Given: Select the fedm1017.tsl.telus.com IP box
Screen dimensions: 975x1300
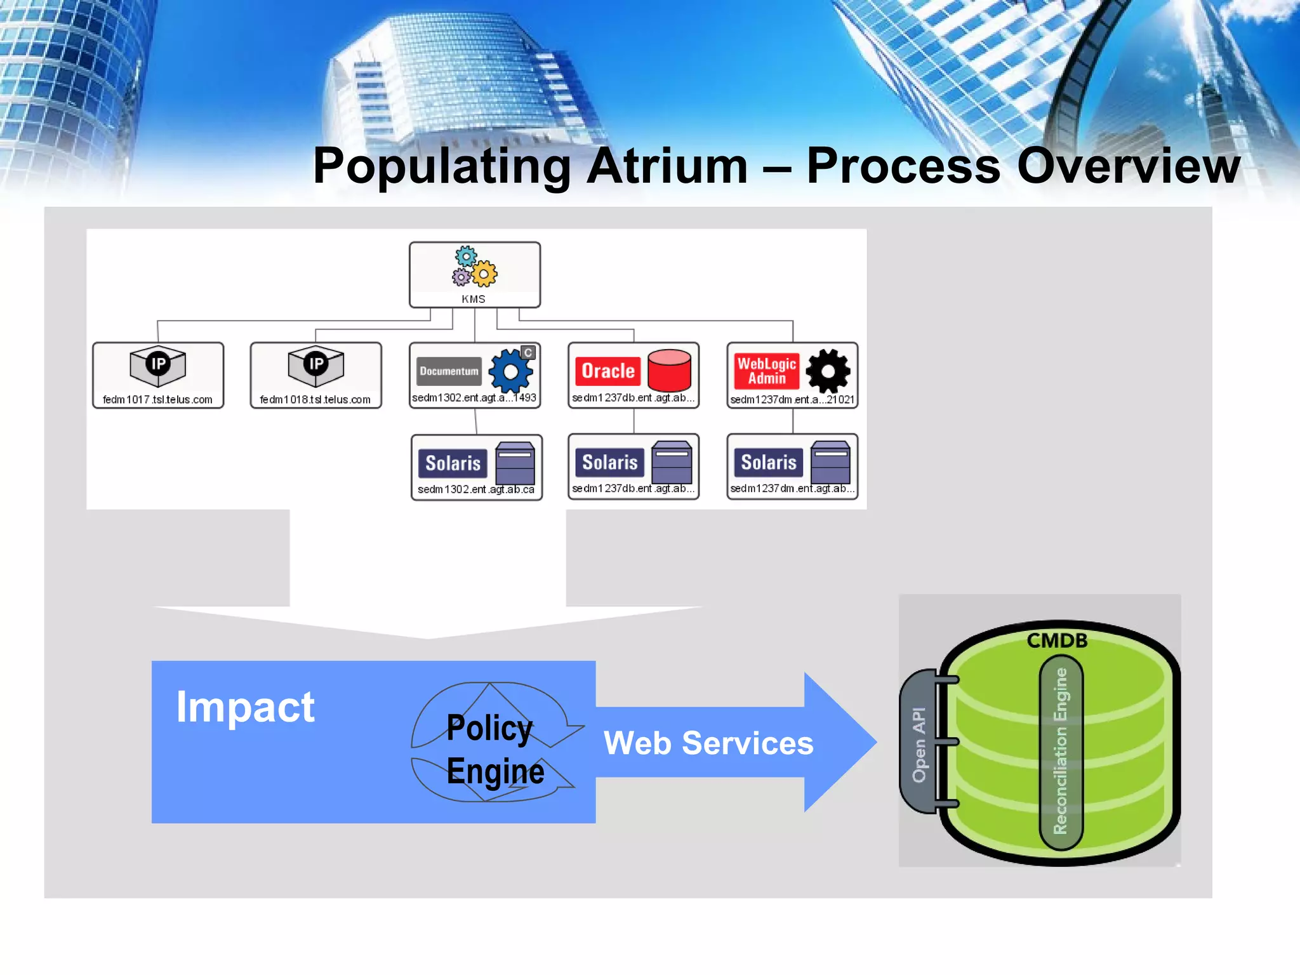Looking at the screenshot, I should click(x=158, y=375).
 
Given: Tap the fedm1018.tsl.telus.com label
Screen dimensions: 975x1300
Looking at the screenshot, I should click(x=315, y=400).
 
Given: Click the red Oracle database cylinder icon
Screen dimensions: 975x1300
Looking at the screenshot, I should click(x=669, y=370).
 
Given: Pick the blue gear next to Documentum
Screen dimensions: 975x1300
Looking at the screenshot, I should click(x=510, y=371).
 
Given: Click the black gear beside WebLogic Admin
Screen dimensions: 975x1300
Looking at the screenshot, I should click(x=828, y=371).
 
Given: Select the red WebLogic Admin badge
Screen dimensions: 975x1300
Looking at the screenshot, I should click(x=766, y=371).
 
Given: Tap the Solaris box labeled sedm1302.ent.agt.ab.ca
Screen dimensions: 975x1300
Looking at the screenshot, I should click(x=476, y=467).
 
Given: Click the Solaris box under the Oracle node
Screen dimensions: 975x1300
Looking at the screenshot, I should click(x=633, y=467).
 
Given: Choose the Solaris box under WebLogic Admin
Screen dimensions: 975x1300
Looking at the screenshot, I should click(x=792, y=467).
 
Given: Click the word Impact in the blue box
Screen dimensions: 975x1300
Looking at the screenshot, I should click(x=245, y=706).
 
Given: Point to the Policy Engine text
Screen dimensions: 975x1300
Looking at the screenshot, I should click(x=494, y=749).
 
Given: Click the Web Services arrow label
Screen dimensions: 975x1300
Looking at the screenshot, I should click(x=708, y=743).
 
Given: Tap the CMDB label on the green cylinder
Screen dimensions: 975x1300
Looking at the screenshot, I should click(x=1057, y=640).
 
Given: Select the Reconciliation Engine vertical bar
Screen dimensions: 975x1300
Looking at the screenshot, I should click(x=1061, y=752).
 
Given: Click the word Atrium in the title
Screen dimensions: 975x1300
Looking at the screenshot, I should click(x=667, y=166).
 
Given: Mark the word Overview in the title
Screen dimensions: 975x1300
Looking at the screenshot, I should click(x=1128, y=166).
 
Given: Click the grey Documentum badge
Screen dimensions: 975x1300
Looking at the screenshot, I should click(x=449, y=371).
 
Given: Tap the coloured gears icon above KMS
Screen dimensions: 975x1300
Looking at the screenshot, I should click(x=475, y=267).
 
